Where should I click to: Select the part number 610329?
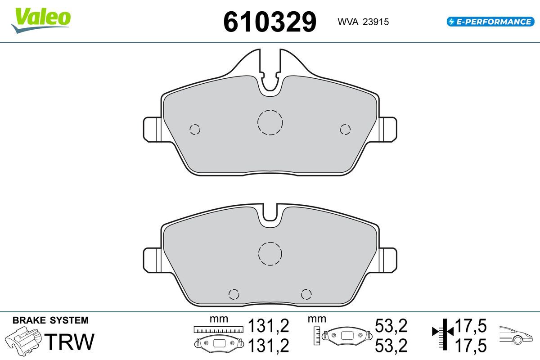(270, 22)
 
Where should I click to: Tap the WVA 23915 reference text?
(363, 22)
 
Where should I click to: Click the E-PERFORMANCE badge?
(490, 22)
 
